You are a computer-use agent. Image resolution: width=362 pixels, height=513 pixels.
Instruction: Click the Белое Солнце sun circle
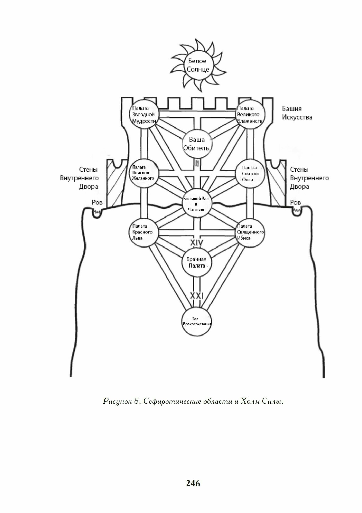click(197, 65)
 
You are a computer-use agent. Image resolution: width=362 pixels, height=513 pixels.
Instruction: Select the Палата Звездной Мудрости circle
click(144, 114)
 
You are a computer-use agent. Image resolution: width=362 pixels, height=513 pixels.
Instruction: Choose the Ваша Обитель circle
click(197, 144)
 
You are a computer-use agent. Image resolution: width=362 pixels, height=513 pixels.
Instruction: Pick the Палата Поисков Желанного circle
click(144, 173)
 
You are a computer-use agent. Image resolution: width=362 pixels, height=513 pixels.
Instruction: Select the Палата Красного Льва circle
click(144, 232)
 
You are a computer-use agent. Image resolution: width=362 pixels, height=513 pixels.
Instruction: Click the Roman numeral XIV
click(196, 243)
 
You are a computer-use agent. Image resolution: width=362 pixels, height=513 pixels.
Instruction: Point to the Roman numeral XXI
click(197, 296)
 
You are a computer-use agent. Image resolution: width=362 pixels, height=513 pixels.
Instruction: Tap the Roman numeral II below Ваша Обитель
click(197, 163)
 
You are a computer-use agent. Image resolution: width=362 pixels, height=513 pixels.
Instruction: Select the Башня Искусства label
click(297, 113)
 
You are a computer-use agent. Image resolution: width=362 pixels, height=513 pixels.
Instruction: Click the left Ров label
click(97, 203)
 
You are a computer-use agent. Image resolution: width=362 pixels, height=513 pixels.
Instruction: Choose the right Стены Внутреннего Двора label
click(309, 178)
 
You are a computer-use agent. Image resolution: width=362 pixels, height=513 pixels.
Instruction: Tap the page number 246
click(193, 483)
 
